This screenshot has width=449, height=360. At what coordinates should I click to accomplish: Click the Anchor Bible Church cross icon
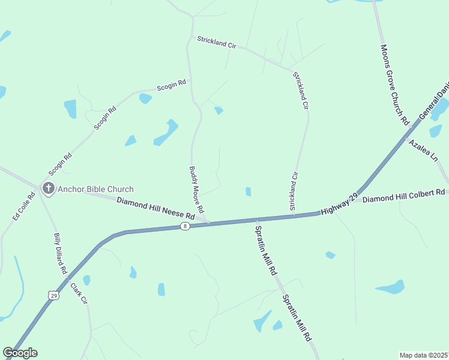[48, 188]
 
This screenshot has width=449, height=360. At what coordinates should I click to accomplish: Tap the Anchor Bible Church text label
[95, 189]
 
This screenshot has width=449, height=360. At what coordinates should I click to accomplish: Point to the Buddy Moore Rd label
[197, 190]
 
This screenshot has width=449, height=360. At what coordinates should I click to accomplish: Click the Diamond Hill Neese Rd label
[156, 208]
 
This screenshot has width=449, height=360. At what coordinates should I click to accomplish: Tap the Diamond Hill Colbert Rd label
[403, 196]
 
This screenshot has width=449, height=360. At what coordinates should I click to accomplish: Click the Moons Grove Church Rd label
[394, 83]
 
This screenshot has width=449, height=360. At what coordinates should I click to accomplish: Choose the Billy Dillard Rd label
[60, 254]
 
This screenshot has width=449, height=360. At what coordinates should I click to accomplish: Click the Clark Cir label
[79, 293]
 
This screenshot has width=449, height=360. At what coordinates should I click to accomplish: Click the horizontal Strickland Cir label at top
[217, 42]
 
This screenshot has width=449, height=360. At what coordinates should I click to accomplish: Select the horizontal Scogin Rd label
[171, 86]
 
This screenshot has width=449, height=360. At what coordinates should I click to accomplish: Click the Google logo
[20, 353]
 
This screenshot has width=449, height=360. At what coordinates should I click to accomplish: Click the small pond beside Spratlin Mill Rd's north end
[248, 191]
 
